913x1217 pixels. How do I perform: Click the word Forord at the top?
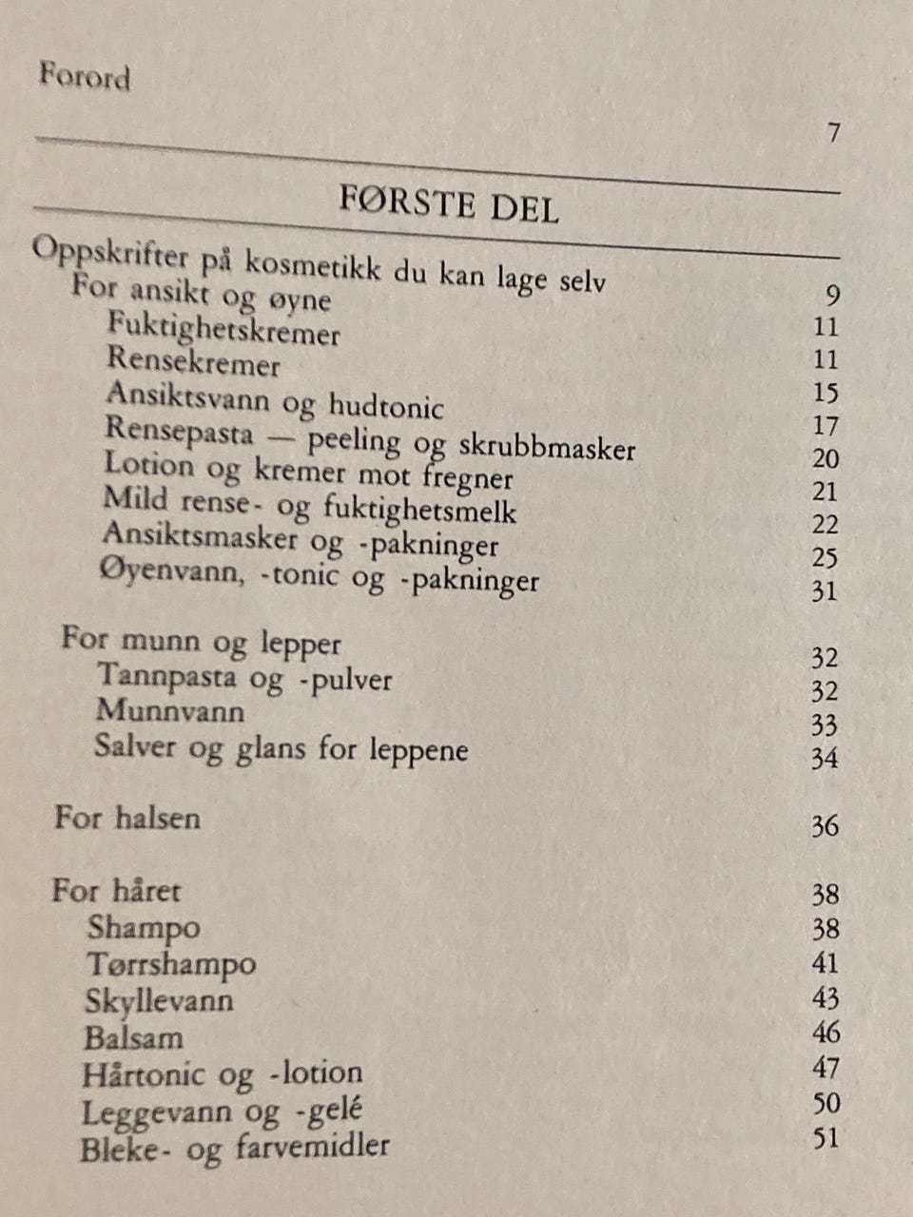[x=85, y=76]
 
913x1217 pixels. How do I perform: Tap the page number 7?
[x=833, y=132]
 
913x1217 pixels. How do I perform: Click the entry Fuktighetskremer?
[x=223, y=329]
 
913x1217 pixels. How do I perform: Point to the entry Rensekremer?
[x=193, y=361]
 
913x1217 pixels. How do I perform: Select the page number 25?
[x=825, y=556]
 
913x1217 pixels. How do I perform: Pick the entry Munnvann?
[x=170, y=711]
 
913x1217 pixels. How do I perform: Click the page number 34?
[x=825, y=758]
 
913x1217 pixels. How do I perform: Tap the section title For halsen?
[x=127, y=818]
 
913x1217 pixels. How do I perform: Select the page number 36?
[x=825, y=825]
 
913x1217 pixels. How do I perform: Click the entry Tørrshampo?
[x=171, y=963]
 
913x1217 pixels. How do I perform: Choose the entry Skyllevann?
[x=159, y=1000]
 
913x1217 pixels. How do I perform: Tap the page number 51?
[x=826, y=1137]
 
